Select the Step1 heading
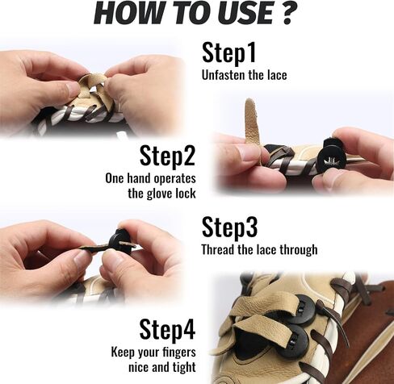click(x=228, y=52)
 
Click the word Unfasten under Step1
click(x=223, y=75)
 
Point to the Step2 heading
click(x=167, y=156)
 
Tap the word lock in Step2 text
click(x=186, y=193)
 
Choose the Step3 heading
click(x=229, y=227)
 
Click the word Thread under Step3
click(x=218, y=249)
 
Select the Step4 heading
click(x=167, y=330)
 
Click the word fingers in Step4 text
click(x=179, y=353)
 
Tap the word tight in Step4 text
click(x=184, y=368)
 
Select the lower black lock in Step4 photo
click(x=293, y=342)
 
